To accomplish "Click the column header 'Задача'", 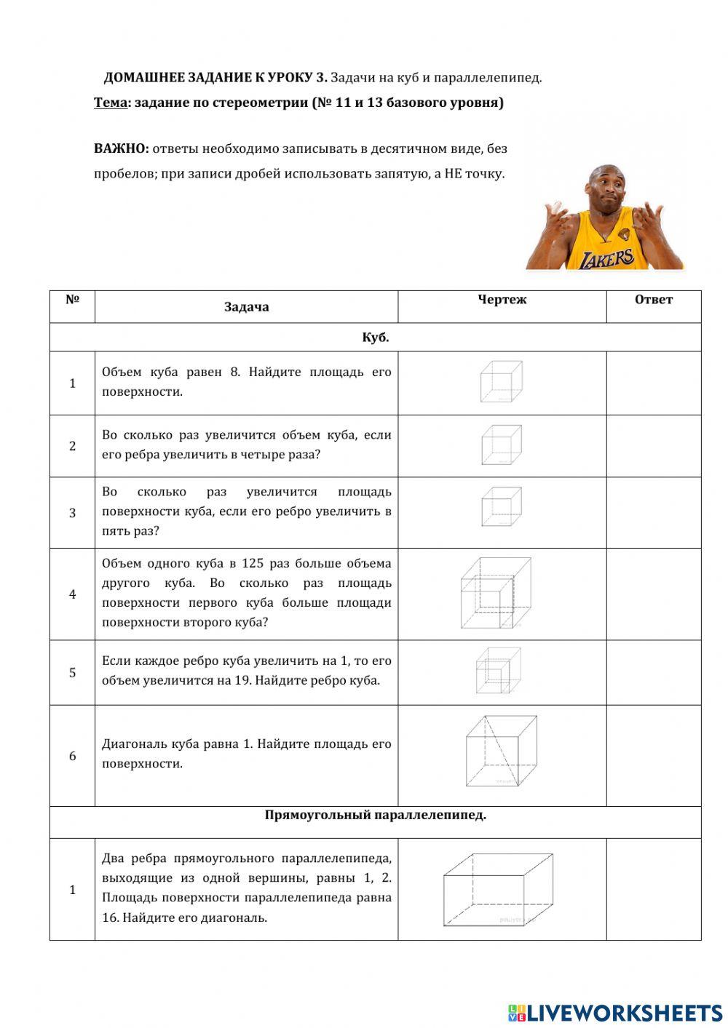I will tap(246, 307).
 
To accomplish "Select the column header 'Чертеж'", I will tap(502, 300).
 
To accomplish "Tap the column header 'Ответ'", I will tap(653, 300).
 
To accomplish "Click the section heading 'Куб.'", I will tap(375, 338).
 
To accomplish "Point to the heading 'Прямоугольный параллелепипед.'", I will tap(375, 815).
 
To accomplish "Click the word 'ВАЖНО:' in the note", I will tap(122, 148).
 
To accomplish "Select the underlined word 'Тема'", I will tap(111, 103).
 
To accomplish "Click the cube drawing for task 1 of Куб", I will tap(501, 382).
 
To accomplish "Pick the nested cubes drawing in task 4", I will tap(495, 594).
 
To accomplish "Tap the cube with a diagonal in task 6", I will tap(501, 752).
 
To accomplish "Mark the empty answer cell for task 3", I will tap(653, 512).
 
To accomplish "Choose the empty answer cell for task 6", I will tap(653, 755).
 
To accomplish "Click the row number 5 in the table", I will tap(72, 672).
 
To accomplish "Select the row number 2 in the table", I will tap(72, 446).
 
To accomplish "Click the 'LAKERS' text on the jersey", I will tap(606, 258).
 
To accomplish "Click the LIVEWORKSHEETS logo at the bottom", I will tap(615, 1012).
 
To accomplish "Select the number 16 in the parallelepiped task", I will tap(110, 917).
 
